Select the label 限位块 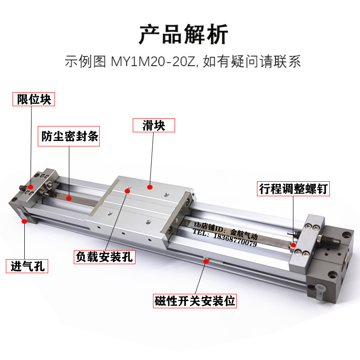pyautogui.click(x=34, y=99)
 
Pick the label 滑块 pyautogui.click(x=153, y=125)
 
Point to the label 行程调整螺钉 pyautogui.click(x=293, y=189)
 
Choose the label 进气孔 pyautogui.click(x=27, y=266)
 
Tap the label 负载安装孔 pyautogui.click(x=105, y=257)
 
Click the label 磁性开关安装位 pyautogui.click(x=195, y=301)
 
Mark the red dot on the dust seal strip pyautogui.click(x=69, y=198)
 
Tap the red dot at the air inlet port pyautogui.click(x=23, y=220)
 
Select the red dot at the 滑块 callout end pyautogui.click(x=152, y=186)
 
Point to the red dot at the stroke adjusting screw pyautogui.click(x=293, y=245)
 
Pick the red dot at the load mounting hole pyautogui.click(x=127, y=191)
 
